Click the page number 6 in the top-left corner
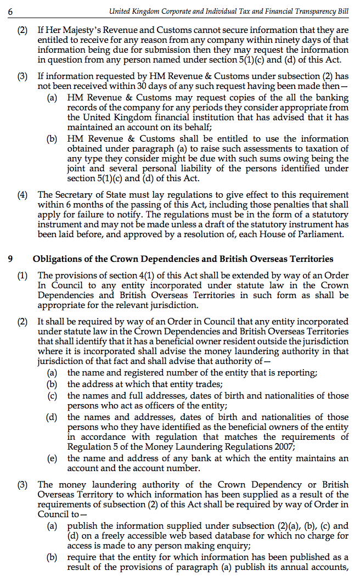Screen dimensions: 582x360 click(10, 11)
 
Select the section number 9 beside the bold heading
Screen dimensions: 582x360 click(10, 259)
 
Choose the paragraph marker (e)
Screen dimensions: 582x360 click(52, 458)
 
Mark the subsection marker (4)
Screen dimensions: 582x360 click(22, 195)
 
